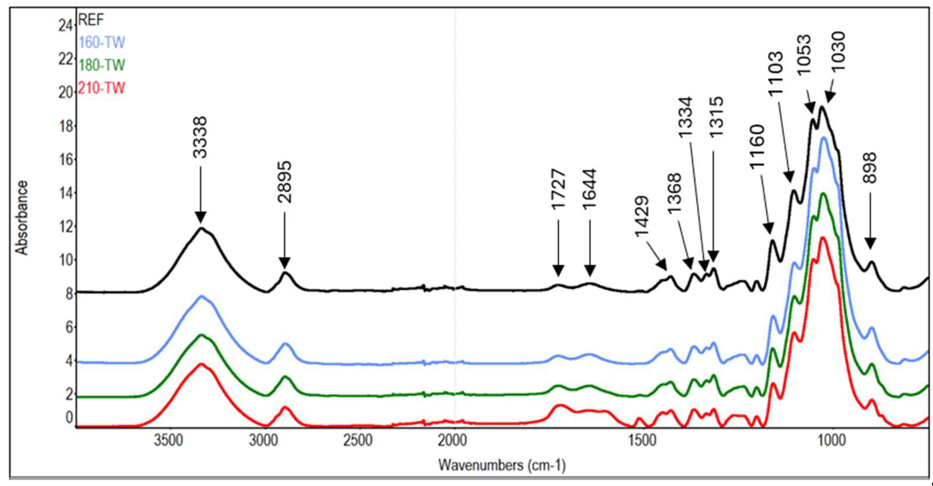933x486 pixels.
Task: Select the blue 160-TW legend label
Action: click(102, 43)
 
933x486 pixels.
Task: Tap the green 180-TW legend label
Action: click(102, 65)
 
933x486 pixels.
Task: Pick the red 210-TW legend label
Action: click(101, 88)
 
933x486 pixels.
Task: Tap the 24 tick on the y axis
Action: click(66, 26)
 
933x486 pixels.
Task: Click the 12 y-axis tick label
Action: click(66, 227)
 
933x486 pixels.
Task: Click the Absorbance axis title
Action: click(22, 218)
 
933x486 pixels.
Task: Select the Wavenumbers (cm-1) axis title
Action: click(502, 465)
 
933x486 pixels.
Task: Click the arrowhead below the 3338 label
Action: click(200, 218)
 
